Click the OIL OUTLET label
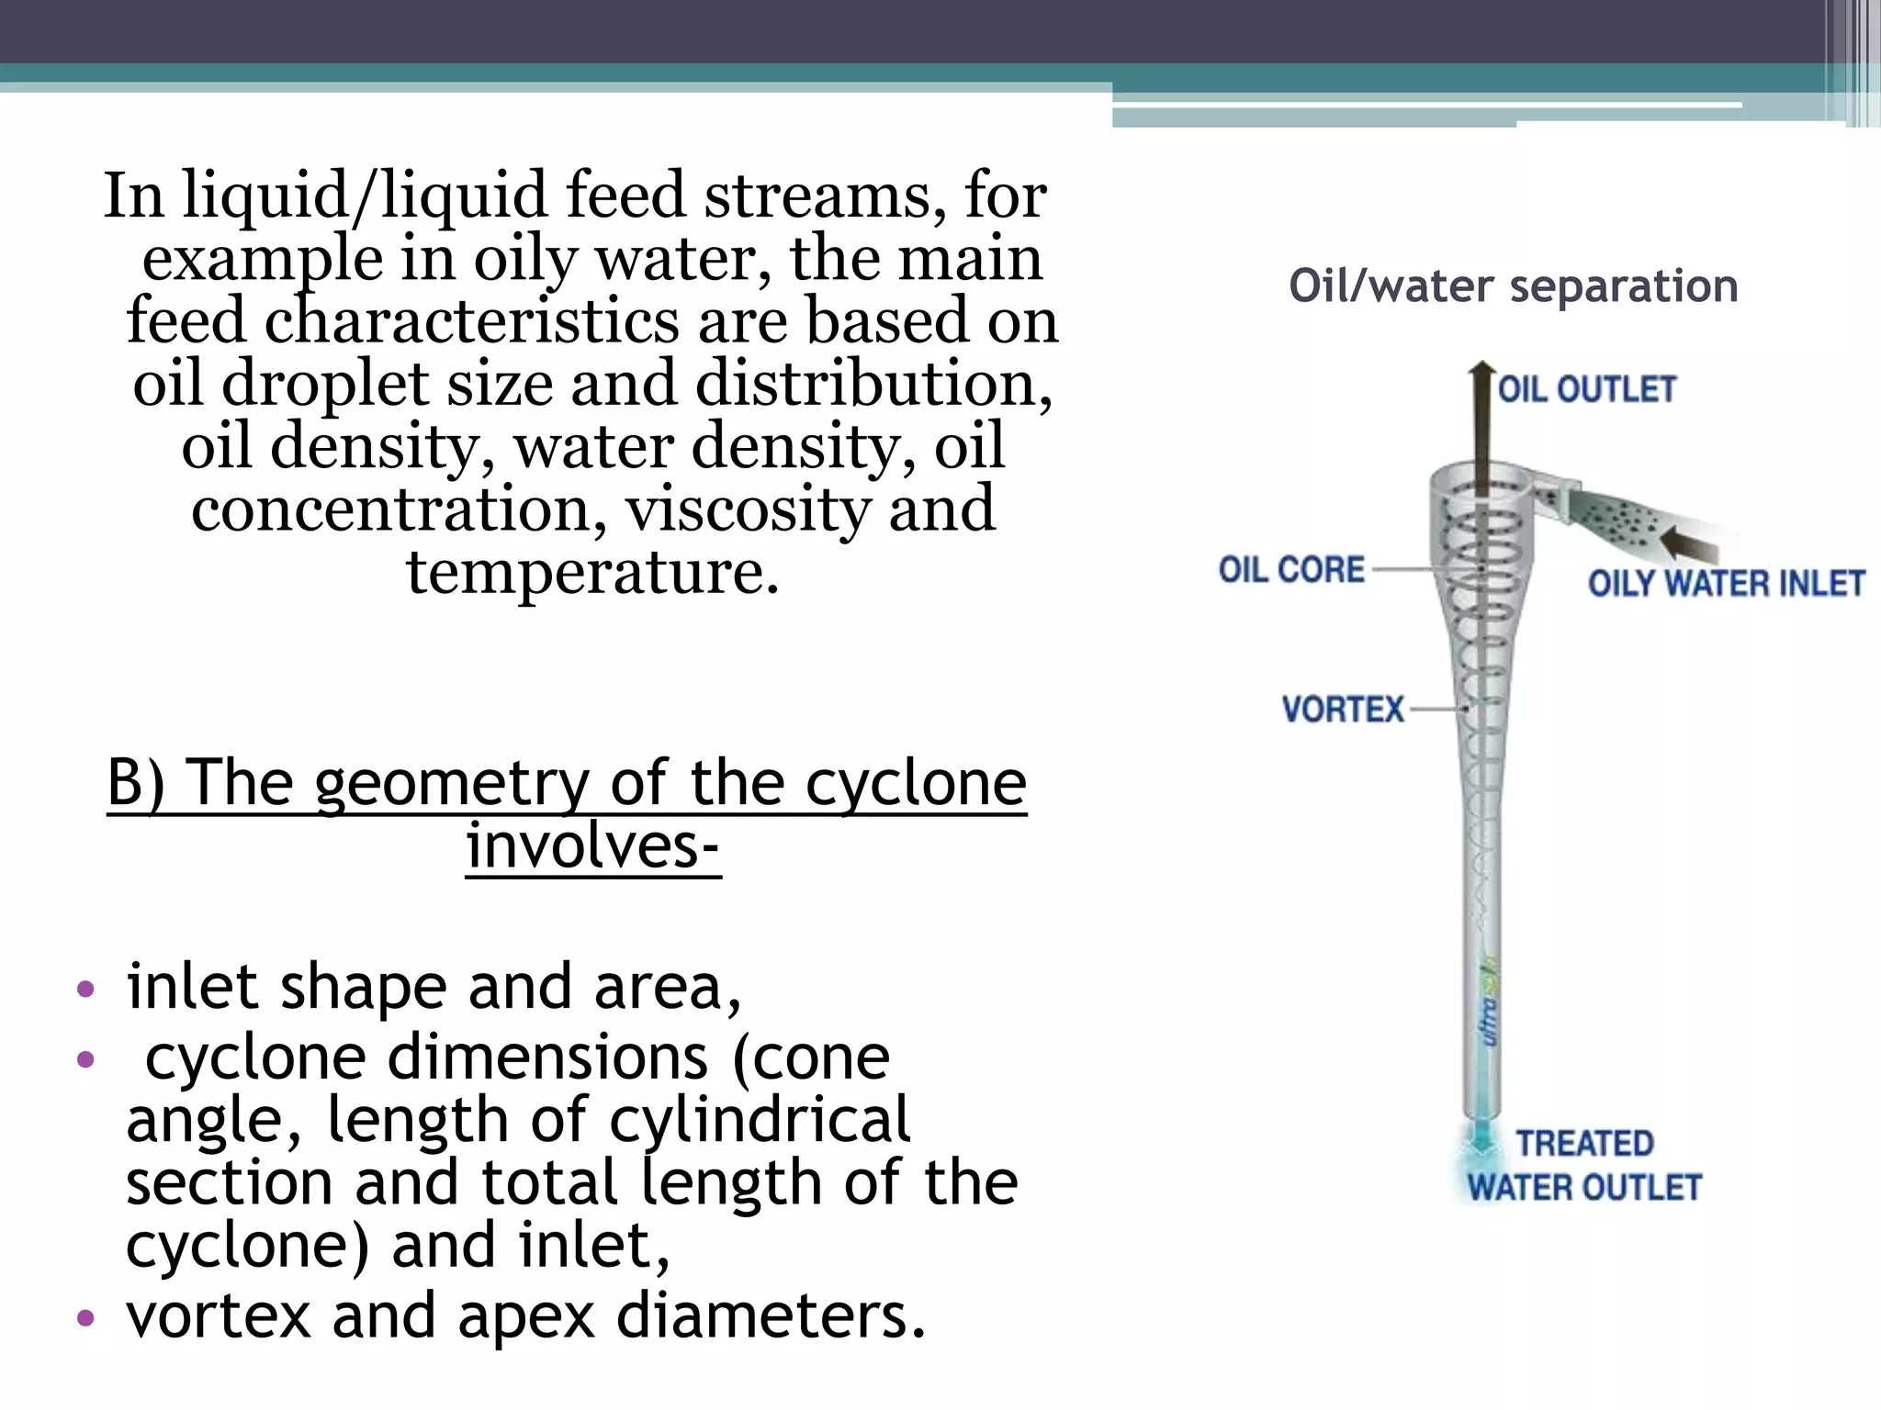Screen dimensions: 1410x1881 pos(1586,389)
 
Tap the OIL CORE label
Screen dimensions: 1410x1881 pos(1291,570)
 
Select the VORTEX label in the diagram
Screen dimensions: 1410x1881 pos(1343,710)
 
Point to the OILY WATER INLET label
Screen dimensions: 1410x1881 pos(1726,584)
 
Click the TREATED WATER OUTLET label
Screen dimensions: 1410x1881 pos(1584,1166)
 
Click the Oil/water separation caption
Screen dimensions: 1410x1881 pos(1514,285)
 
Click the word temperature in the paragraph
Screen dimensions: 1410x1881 pos(592,572)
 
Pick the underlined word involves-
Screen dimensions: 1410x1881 pos(592,845)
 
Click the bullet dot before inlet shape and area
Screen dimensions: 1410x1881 pos(86,990)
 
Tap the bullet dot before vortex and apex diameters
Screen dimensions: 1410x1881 pos(86,1318)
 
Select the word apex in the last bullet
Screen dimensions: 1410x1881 pos(526,1315)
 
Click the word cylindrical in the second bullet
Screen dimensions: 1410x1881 pos(760,1119)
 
